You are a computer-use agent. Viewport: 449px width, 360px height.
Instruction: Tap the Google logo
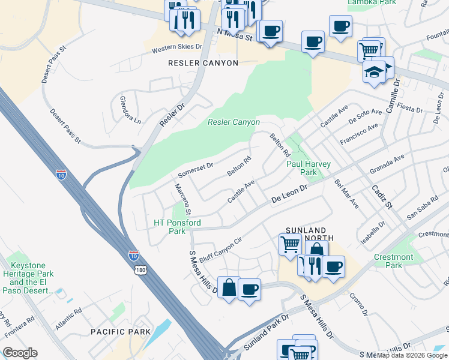coord(20,353)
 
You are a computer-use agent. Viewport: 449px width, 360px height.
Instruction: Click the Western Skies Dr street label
coord(158,50)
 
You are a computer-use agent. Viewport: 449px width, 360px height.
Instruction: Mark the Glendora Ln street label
coord(130,110)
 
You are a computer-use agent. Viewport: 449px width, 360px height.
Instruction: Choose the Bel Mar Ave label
coord(346,193)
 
